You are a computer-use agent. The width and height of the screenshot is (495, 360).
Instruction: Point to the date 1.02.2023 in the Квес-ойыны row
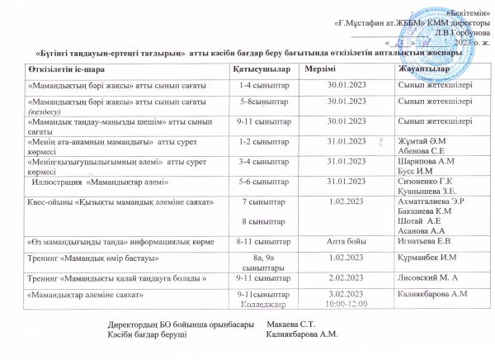[347, 201]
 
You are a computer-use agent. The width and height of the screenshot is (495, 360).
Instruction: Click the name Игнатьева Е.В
[425, 242]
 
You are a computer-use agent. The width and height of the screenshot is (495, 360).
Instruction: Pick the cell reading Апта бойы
[347, 242]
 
